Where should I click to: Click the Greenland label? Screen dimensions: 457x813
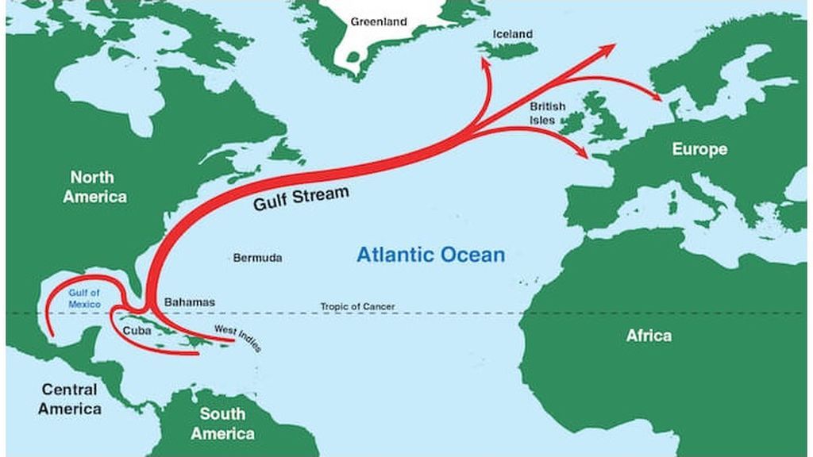(x=379, y=21)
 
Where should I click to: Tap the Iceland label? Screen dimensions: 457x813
(x=513, y=34)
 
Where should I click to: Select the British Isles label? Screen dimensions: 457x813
(x=548, y=113)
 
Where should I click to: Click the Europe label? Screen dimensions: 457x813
(x=699, y=149)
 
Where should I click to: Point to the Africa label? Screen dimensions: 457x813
(x=649, y=336)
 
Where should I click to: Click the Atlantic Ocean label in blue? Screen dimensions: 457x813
(x=430, y=255)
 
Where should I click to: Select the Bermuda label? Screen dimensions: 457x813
(x=257, y=258)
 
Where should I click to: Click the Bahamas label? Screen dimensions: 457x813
(x=189, y=302)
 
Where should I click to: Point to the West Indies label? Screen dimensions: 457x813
(x=238, y=338)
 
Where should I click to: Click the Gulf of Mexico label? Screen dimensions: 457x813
(x=84, y=298)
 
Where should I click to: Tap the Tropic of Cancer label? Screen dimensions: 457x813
(x=357, y=306)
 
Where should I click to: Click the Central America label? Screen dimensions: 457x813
(x=70, y=399)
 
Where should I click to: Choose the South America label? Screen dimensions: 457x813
(x=222, y=423)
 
